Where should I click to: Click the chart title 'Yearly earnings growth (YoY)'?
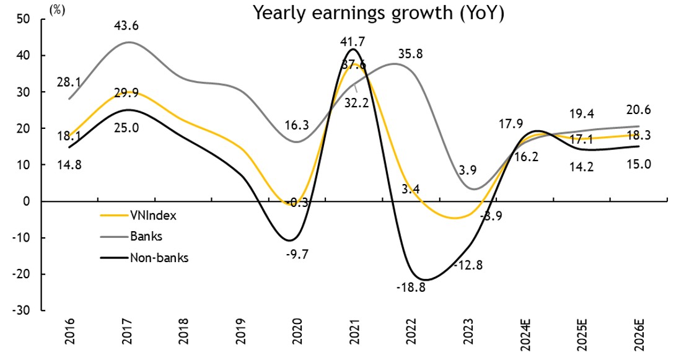pos(377,14)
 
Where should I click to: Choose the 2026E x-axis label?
pos(640,335)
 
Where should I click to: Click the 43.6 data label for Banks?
pos(126,25)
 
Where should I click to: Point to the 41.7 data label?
pos(352,42)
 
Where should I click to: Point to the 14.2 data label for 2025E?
pos(581,166)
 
